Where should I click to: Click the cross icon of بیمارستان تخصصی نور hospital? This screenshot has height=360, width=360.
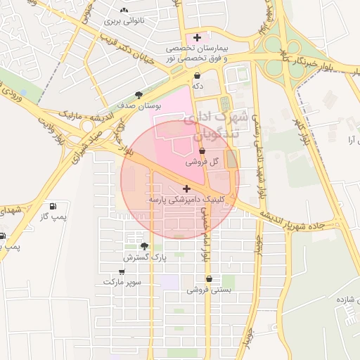(197, 37)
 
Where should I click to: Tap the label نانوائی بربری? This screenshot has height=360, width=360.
(124, 21)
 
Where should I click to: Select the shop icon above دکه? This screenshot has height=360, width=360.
(197, 75)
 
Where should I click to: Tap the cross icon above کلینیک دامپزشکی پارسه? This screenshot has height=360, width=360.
(186, 188)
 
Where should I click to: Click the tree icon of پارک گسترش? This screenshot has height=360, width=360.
(145, 246)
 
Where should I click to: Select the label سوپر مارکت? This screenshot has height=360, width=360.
(122, 281)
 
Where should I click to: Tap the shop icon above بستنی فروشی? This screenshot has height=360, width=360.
(209, 278)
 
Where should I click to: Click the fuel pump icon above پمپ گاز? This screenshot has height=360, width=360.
(53, 206)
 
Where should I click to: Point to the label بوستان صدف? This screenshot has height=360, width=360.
(146, 105)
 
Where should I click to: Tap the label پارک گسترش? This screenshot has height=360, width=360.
(146, 258)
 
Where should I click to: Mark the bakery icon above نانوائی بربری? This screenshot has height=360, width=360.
(124, 11)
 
